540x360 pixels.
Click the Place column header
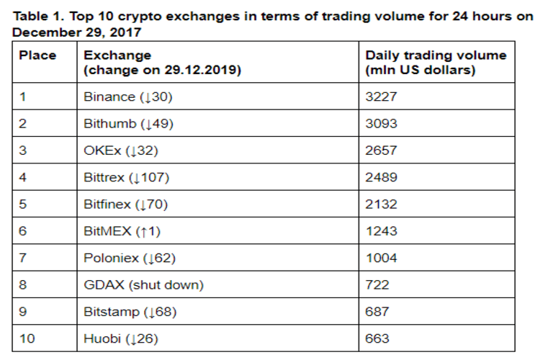point(37,55)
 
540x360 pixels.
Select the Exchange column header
point(162,63)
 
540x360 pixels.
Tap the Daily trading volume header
point(436,63)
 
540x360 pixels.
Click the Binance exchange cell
point(128,96)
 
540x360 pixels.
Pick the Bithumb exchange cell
point(129,123)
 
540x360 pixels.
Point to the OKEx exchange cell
point(121,150)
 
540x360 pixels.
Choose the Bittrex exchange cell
point(127,177)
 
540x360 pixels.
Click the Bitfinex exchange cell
point(126,204)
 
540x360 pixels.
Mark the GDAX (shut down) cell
point(143,284)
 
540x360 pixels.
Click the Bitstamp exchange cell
point(130,312)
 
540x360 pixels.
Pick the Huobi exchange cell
point(121,338)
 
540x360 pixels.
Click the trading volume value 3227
point(382,96)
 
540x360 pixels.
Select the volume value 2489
point(382,177)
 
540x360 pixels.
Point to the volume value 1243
point(382,231)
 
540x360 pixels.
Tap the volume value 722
point(377,284)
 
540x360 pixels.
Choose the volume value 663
point(377,338)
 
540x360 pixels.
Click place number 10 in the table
point(27,338)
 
